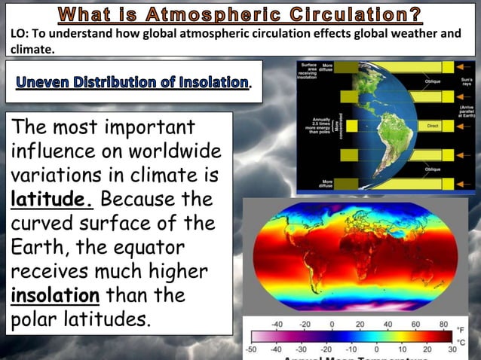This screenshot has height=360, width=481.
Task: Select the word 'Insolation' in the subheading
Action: click(x=213, y=82)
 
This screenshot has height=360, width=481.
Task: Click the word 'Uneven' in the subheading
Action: click(x=49, y=82)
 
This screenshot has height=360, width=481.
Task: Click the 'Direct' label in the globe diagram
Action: click(x=433, y=126)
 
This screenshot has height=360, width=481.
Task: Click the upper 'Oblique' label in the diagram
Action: click(x=433, y=81)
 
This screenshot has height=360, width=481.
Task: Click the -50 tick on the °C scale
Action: click(x=252, y=350)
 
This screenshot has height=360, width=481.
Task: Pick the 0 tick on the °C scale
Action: click(x=375, y=350)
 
